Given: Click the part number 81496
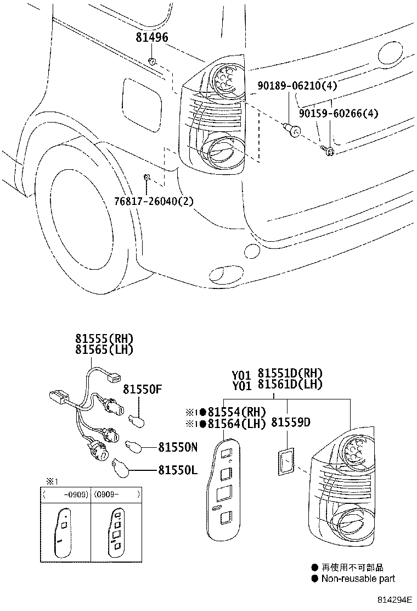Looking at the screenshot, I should pos(152,37).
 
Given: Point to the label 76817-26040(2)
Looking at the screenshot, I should pos(155,201).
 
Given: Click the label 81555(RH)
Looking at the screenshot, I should pos(104,338).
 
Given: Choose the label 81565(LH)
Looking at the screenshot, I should pos(104,349).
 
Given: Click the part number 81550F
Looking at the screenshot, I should pos(143,390).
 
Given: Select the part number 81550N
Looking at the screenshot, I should pos(178,447).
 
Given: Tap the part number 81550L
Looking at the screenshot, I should pos(177,470).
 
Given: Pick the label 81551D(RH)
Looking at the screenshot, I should pos(290,374).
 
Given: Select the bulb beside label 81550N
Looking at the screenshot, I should pos(135,446).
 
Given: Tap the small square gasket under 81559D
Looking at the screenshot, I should pos(285,460).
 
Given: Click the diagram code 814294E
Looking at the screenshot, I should pos(396,601).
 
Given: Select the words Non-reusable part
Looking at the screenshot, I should pos(358,578).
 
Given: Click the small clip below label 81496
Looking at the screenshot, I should pos(153,60).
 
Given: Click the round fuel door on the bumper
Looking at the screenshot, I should pos(251,250).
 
